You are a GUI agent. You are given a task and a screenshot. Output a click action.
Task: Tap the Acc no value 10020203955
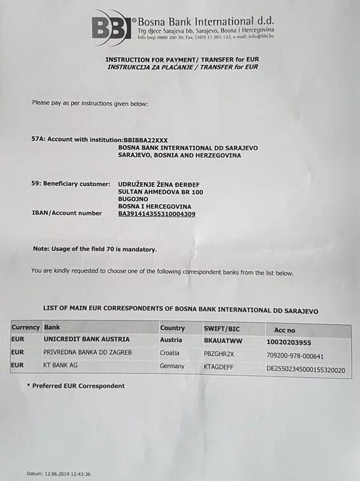(x=289, y=342)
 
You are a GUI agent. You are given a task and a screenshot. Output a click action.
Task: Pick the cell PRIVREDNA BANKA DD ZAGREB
(x=87, y=353)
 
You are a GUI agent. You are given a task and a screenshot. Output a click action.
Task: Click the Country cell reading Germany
(x=172, y=366)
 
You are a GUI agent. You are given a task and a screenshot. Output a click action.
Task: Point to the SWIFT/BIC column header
(x=223, y=328)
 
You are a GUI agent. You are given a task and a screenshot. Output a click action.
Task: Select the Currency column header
(x=26, y=327)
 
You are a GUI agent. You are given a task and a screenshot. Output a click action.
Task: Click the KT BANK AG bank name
(x=62, y=365)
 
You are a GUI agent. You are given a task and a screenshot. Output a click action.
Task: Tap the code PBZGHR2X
(x=219, y=354)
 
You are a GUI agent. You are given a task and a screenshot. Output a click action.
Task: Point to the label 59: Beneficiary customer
(x=71, y=184)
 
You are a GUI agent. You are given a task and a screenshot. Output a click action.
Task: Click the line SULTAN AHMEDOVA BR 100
(x=161, y=192)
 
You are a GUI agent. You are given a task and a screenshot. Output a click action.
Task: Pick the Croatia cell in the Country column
(x=170, y=353)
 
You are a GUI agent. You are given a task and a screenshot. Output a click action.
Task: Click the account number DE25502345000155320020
(x=306, y=370)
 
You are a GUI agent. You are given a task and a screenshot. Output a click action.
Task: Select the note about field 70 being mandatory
(x=95, y=249)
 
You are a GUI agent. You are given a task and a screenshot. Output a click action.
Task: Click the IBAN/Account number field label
(x=67, y=213)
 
